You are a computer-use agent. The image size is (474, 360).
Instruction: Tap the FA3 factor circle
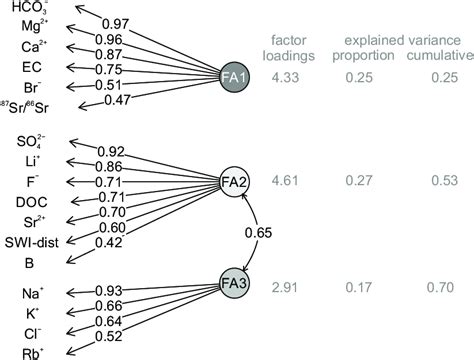pos(236,284)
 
